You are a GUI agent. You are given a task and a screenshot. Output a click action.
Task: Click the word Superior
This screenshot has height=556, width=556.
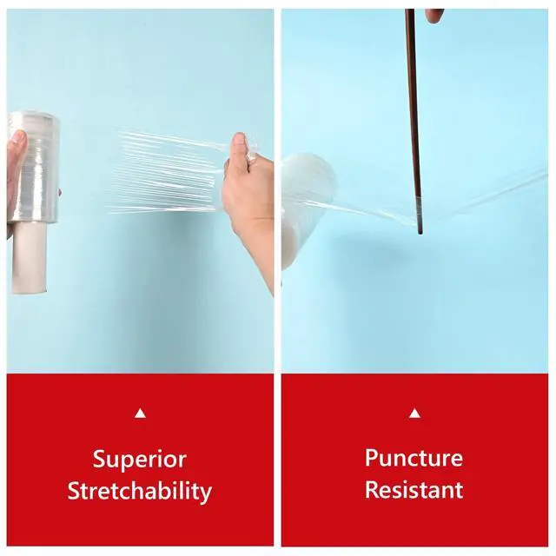click(139, 460)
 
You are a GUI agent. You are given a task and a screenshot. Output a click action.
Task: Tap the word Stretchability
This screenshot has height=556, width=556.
click(139, 491)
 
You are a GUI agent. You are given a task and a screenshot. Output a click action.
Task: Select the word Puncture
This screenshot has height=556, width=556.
click(414, 458)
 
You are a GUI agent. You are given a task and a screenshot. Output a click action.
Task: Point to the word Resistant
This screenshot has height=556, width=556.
click(414, 490)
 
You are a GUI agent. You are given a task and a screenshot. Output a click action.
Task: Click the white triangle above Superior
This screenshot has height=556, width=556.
click(141, 414)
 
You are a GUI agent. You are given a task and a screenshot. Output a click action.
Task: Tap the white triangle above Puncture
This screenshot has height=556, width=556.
click(414, 414)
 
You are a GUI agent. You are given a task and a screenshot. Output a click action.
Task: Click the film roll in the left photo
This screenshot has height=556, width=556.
click(34, 168)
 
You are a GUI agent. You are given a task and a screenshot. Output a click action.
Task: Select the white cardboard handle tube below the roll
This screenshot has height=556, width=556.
click(29, 258)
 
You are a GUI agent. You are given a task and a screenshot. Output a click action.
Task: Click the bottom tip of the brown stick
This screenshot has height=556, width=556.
click(420, 234)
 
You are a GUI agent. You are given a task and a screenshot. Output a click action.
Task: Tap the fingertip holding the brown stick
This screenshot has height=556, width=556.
click(434, 15)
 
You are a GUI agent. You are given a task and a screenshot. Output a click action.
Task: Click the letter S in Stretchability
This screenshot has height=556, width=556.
click(74, 490)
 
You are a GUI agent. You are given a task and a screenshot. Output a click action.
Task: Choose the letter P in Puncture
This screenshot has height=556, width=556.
click(372, 458)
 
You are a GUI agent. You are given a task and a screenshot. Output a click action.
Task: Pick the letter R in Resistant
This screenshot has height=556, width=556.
click(372, 490)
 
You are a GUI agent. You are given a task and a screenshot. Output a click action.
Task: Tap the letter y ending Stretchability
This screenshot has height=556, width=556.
click(206, 494)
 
